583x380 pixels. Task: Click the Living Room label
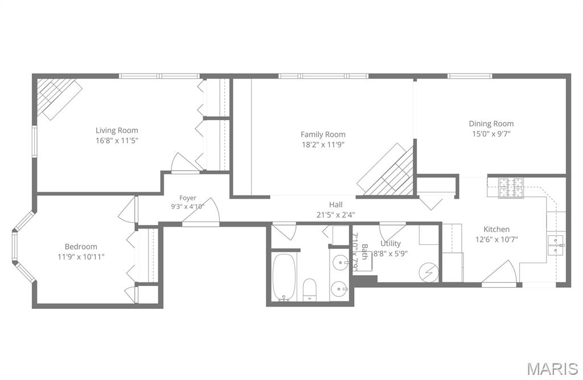coord(117,130)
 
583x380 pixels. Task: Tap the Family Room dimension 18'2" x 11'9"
coord(323,144)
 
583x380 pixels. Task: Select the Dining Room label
coord(491,124)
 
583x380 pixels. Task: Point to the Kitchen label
coord(496,229)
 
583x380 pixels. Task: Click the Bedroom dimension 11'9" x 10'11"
coord(81,256)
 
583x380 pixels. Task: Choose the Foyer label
coord(187,198)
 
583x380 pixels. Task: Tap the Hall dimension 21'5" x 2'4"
coord(335,214)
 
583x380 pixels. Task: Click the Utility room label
coord(391,243)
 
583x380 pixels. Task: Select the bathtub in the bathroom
coord(285,277)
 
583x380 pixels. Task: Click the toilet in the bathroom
coord(309,289)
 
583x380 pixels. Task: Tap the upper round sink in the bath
coord(339,263)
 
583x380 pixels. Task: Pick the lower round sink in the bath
coord(339,289)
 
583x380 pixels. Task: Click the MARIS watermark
coord(552,368)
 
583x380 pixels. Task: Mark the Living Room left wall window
coord(34,141)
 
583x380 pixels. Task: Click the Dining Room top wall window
coord(470,76)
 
